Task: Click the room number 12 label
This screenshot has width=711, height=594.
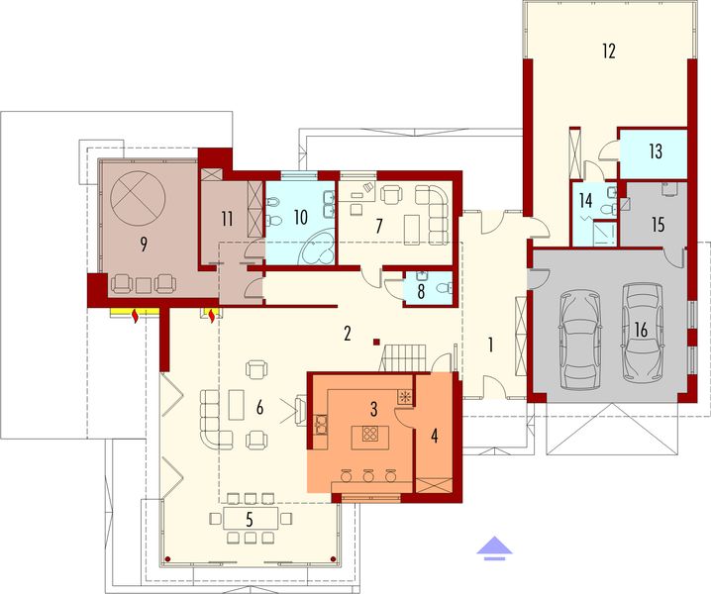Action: click(x=608, y=50)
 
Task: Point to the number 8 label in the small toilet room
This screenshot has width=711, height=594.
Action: click(x=421, y=291)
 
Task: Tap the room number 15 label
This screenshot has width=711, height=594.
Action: click(x=659, y=225)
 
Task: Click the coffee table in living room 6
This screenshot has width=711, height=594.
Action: click(x=236, y=405)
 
